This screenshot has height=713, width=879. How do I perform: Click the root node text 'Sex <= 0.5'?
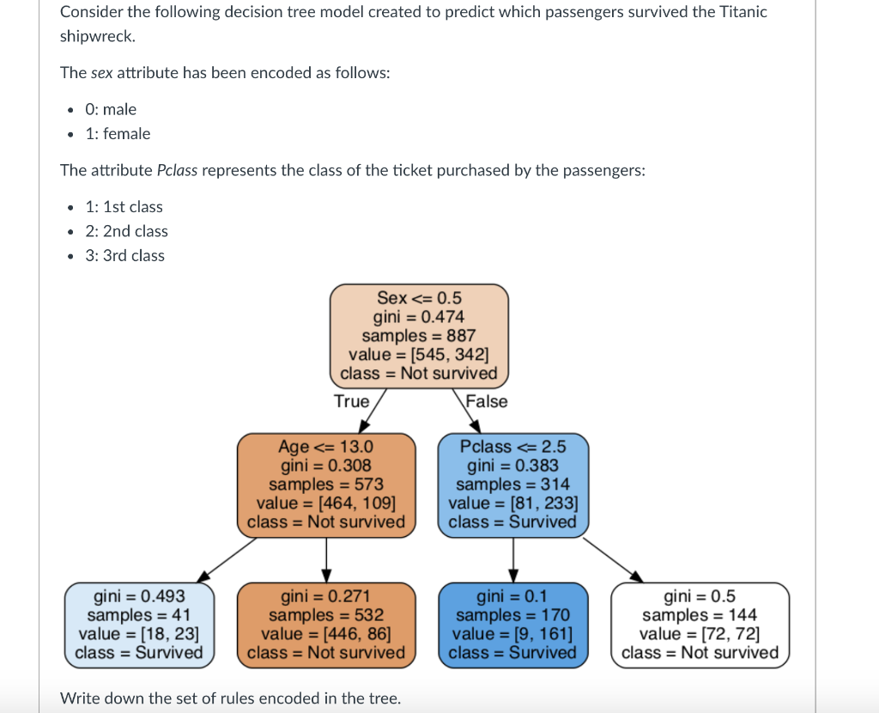[x=419, y=298]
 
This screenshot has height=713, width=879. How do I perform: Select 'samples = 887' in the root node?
[x=419, y=336]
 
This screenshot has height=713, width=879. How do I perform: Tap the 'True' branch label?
[x=352, y=401]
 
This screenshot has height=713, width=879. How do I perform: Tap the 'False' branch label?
[x=487, y=401]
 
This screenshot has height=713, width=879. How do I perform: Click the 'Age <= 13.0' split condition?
[x=326, y=447]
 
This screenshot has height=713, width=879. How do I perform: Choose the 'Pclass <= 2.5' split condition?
[x=513, y=447]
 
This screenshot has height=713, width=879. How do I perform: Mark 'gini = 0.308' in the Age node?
[x=326, y=466]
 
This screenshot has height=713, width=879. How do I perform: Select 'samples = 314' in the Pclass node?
[x=513, y=484]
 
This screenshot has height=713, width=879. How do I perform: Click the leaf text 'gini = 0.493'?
[x=139, y=596]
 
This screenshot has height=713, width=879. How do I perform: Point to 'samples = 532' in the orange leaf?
[x=326, y=615]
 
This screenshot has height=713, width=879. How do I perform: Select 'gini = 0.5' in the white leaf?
[x=700, y=596]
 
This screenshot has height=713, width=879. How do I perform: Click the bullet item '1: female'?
[x=118, y=134]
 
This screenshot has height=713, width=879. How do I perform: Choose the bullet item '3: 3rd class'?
[x=125, y=256]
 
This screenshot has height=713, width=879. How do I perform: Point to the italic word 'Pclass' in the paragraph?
[x=178, y=170]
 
